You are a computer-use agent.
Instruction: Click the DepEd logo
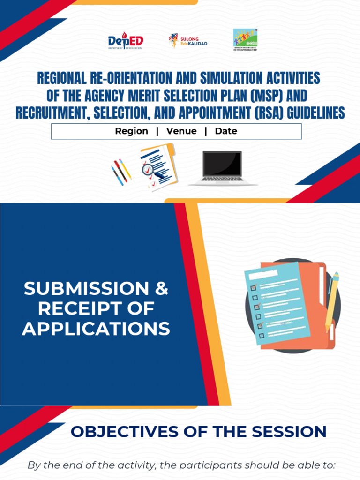pyautogui.click(x=125, y=41)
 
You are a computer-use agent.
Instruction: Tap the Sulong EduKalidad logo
pyautogui.click(x=188, y=40)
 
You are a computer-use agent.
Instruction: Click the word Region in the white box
pyautogui.click(x=131, y=131)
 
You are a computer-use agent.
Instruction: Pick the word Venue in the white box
pyautogui.click(x=181, y=131)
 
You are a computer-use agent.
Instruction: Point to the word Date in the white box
pyautogui.click(x=226, y=131)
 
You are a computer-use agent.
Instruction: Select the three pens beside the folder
pyautogui.click(x=121, y=172)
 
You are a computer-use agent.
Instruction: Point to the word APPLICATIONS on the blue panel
pyautogui.click(x=96, y=329)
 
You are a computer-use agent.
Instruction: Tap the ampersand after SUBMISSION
pyautogui.click(x=161, y=288)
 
